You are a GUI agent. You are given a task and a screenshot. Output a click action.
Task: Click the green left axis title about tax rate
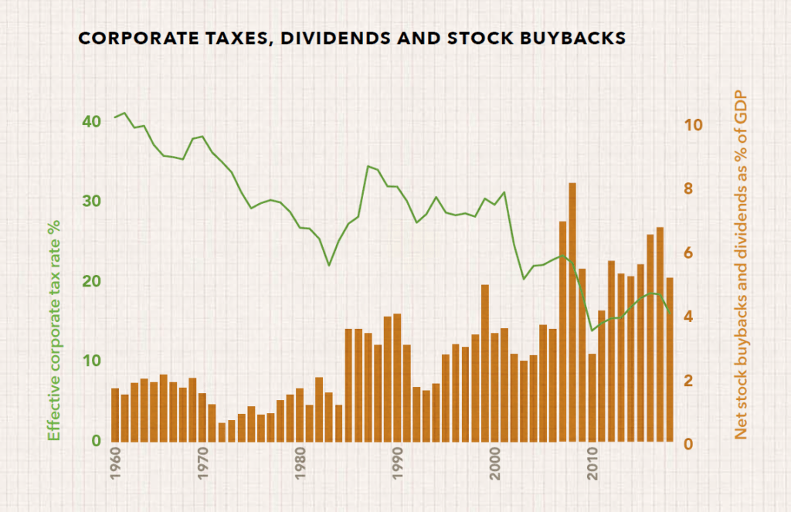(x=53, y=330)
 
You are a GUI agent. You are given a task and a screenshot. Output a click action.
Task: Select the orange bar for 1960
(x=115, y=415)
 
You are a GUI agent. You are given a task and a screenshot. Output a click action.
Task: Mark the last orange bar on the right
(x=670, y=359)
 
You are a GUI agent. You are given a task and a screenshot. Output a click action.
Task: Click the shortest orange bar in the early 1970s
(x=222, y=432)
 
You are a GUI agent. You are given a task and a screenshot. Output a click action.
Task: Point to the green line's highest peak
(x=124, y=113)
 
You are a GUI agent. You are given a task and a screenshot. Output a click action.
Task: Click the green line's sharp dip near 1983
(x=329, y=265)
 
